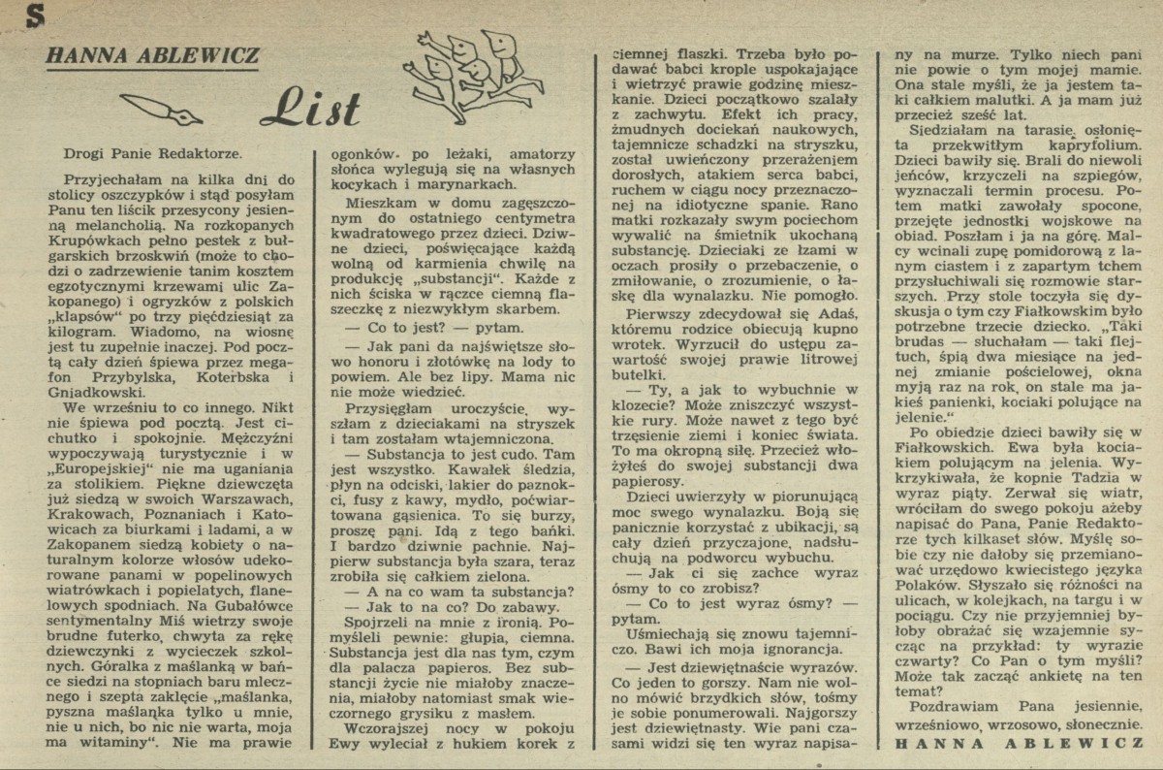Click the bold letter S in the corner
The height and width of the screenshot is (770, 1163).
pyautogui.click(x=13, y=12)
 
